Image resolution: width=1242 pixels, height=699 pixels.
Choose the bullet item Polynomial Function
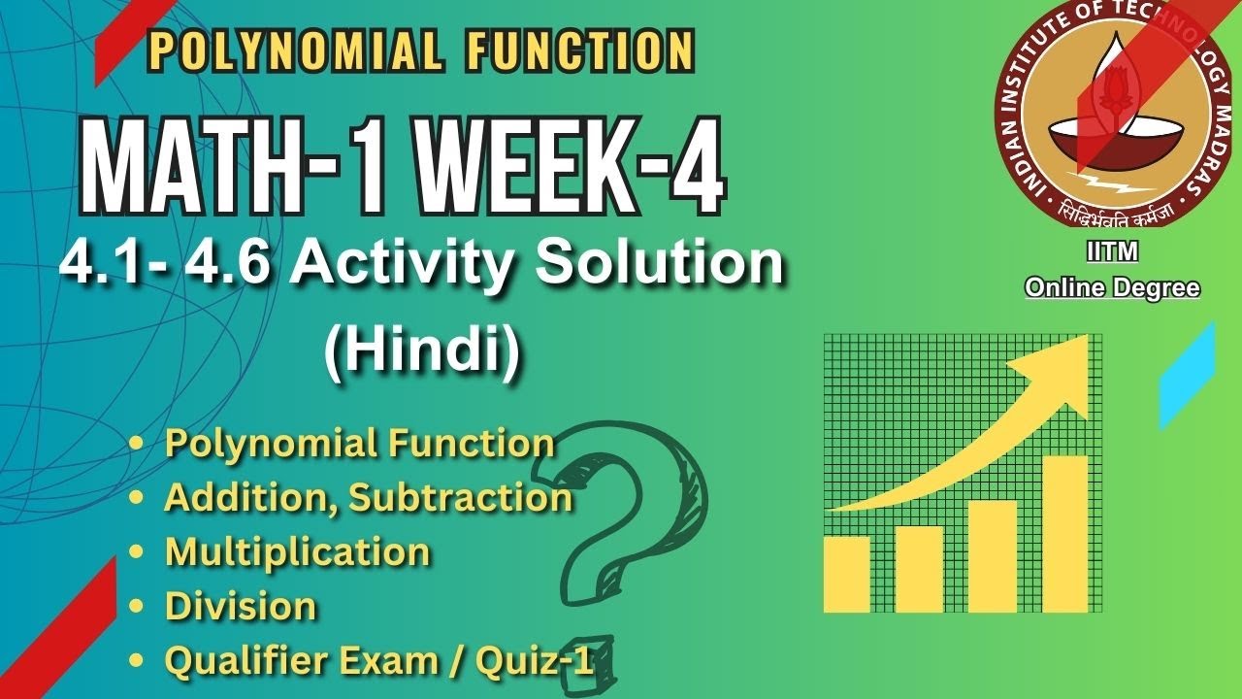[359, 443]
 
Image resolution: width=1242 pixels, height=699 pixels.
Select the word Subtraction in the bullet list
[460, 497]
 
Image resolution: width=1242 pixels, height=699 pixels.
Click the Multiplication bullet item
[297, 551]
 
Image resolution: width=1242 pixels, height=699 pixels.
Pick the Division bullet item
[241, 606]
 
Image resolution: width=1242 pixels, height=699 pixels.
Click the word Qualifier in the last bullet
[243, 660]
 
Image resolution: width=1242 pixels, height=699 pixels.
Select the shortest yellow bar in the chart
[846, 574]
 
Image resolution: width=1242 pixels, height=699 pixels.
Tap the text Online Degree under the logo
[1112, 288]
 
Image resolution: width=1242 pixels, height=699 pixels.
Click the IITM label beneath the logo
[1112, 252]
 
